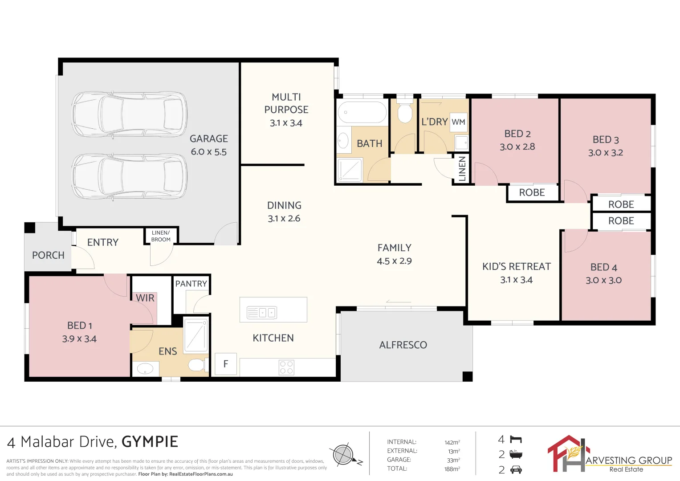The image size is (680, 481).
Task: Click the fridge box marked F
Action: click(x=225, y=364)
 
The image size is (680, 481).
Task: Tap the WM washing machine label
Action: click(x=458, y=122)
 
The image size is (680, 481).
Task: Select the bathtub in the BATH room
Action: click(x=362, y=112)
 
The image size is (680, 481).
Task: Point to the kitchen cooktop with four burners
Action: click(x=286, y=367)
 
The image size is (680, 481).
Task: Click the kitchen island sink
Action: click(x=262, y=313)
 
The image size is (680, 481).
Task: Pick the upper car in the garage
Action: click(x=129, y=115)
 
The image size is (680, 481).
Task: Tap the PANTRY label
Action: click(x=191, y=284)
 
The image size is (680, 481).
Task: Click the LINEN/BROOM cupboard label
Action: click(x=161, y=236)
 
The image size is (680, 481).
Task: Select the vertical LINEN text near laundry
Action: click(x=462, y=168)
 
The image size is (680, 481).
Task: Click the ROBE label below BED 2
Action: click(x=532, y=192)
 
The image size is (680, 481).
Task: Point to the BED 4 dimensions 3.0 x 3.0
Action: click(x=603, y=280)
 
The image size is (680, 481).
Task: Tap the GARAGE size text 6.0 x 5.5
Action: click(x=208, y=152)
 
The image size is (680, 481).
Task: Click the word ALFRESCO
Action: click(x=403, y=345)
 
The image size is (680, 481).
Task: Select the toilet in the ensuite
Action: click(x=196, y=365)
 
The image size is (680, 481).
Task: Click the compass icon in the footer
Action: click(x=343, y=455)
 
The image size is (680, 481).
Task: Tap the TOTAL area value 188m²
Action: click(x=452, y=469)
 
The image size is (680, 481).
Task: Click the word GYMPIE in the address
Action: click(x=150, y=442)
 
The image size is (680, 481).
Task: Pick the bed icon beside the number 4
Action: click(x=516, y=440)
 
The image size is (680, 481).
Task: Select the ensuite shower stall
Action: click(x=195, y=334)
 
